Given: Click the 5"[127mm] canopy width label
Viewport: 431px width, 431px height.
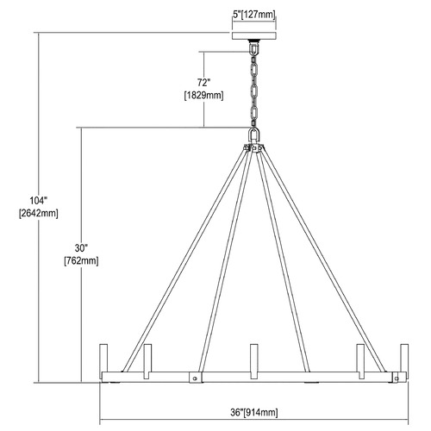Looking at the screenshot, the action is (x=253, y=15).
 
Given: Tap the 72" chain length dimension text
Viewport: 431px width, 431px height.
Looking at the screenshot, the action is (x=203, y=83).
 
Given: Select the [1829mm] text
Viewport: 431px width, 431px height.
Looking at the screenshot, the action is (x=203, y=96).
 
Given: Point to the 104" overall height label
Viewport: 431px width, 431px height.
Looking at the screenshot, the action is (x=38, y=200).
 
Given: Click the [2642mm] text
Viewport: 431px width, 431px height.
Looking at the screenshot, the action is (x=39, y=214).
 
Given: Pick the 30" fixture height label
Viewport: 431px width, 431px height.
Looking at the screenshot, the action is (x=81, y=247).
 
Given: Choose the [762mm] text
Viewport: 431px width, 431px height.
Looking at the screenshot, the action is (x=81, y=261).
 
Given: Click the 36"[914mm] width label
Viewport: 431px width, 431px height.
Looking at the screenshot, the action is (x=254, y=413).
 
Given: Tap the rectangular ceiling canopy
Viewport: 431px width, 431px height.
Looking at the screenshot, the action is (x=254, y=35).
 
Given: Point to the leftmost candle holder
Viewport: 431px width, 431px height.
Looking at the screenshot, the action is (x=103, y=358).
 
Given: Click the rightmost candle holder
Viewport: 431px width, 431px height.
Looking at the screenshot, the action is (x=404, y=358).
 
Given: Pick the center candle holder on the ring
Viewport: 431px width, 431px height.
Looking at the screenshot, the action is (x=254, y=361).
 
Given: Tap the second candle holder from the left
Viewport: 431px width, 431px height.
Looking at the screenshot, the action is (x=147, y=361).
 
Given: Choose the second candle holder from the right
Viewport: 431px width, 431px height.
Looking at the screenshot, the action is (x=360, y=361).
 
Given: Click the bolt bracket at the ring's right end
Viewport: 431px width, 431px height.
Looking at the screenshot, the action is (x=397, y=378).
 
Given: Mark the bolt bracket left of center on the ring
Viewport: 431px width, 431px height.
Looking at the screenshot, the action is (x=196, y=378).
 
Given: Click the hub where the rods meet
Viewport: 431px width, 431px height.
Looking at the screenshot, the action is (x=253, y=147).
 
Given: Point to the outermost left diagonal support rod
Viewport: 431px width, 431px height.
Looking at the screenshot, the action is (x=184, y=261).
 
